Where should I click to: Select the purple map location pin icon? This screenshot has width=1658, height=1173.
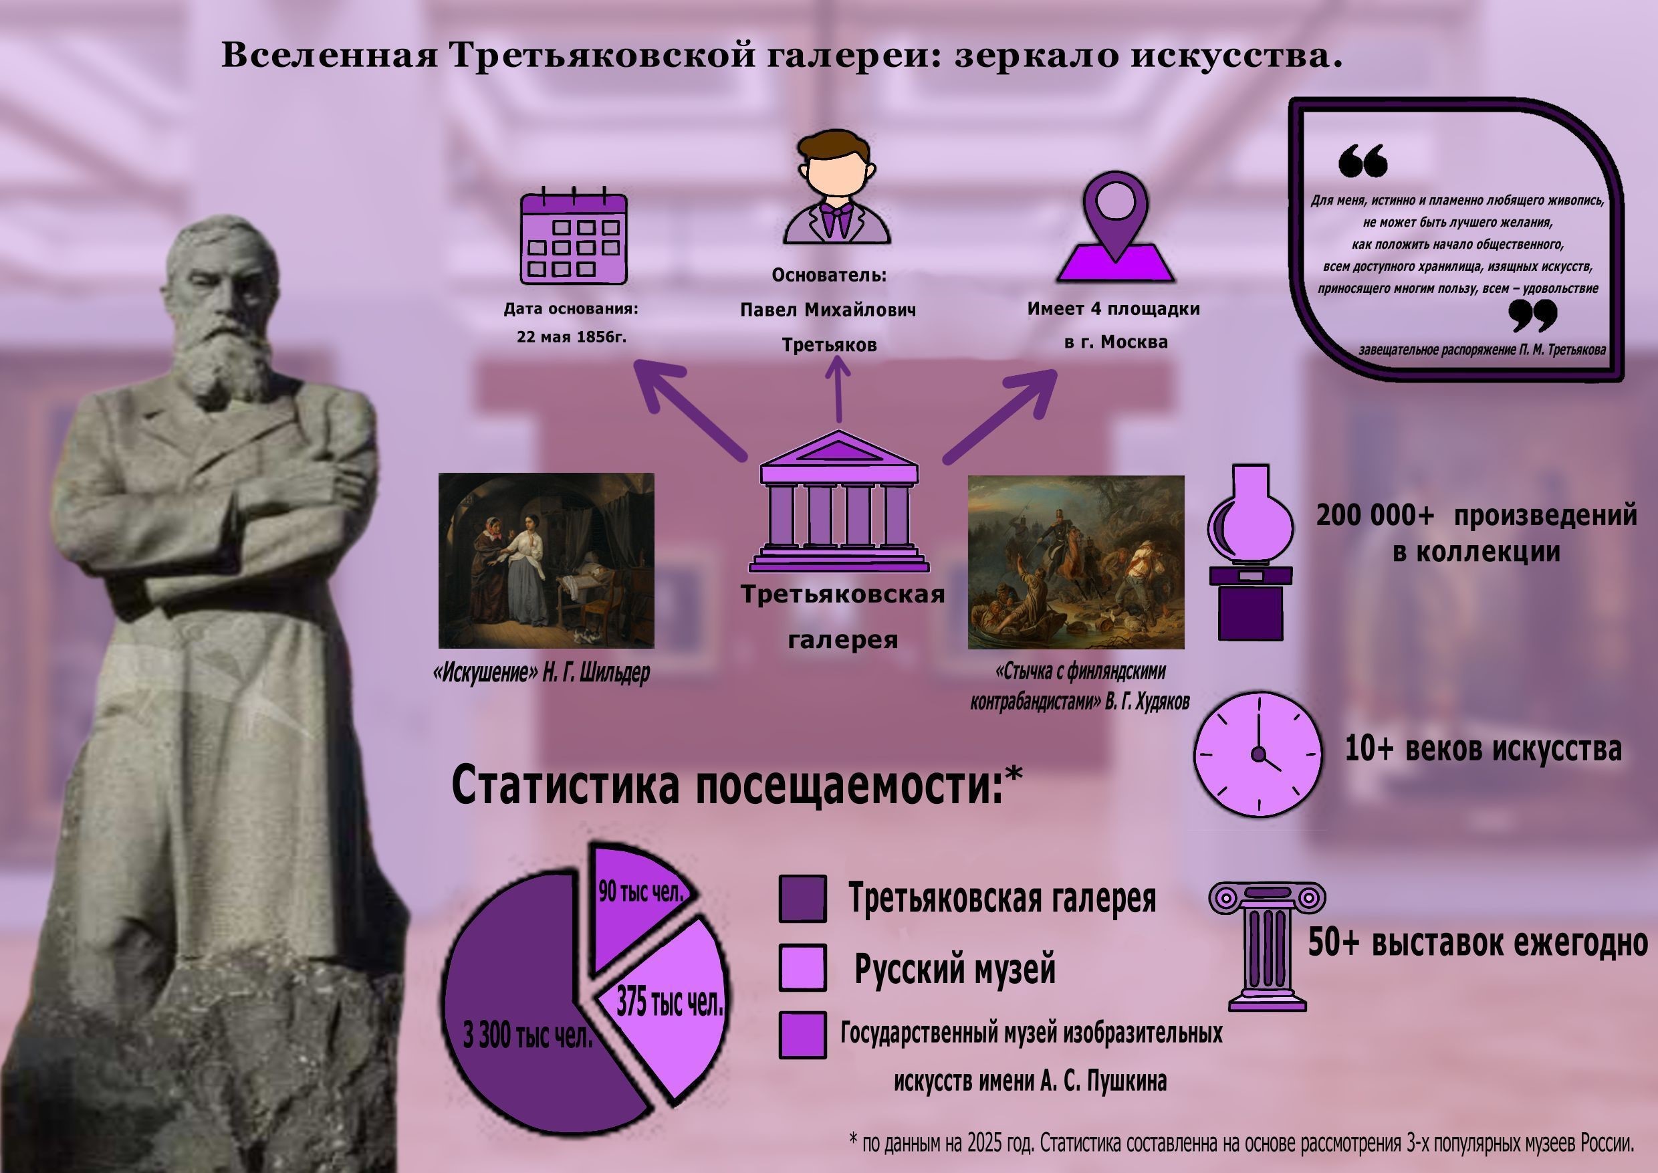[x=1116, y=227]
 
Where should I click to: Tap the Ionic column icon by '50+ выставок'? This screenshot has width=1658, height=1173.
[x=1268, y=946]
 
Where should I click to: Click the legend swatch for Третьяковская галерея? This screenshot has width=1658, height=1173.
[x=802, y=899]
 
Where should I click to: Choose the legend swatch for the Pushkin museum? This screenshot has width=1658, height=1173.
[x=802, y=1035]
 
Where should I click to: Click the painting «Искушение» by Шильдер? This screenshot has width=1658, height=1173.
[x=546, y=560]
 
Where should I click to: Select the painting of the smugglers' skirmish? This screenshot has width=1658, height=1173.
[x=1076, y=562]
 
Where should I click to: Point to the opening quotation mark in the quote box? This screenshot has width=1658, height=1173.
[x=1363, y=160]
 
